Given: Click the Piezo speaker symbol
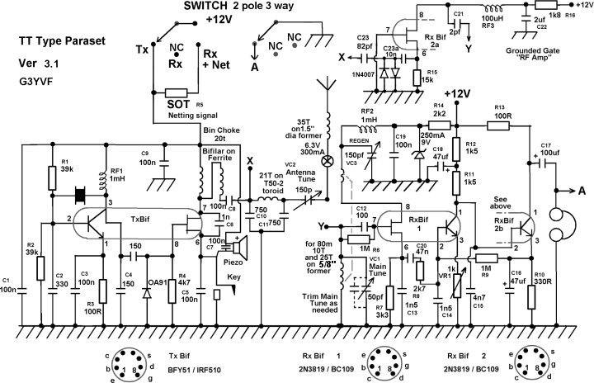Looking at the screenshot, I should (x=241, y=245).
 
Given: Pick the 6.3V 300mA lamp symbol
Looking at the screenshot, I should (x=328, y=159).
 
